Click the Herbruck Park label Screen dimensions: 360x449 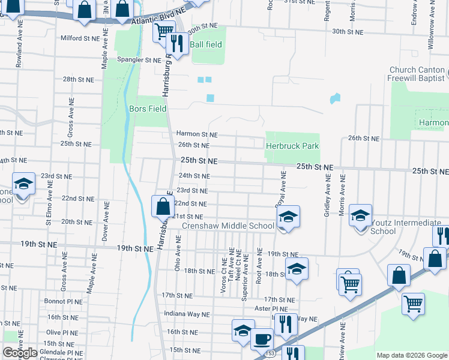pyautogui.click(x=292, y=146)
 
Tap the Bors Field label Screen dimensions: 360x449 pyautogui.click(x=148, y=109)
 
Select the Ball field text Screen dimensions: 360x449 pyautogui.click(x=206, y=44)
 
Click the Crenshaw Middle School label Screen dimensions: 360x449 pyautogui.click(x=228, y=226)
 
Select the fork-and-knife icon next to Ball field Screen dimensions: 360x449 pyautogui.click(x=176, y=42)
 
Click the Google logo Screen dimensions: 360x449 pyautogui.click(x=20, y=353)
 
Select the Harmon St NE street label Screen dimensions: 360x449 pyautogui.click(x=196, y=134)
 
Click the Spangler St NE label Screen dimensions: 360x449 pyautogui.click(x=139, y=60)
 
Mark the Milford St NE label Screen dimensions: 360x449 pyautogui.click(x=79, y=38)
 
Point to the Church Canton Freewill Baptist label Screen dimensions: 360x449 pyautogui.click(x=415, y=74)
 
